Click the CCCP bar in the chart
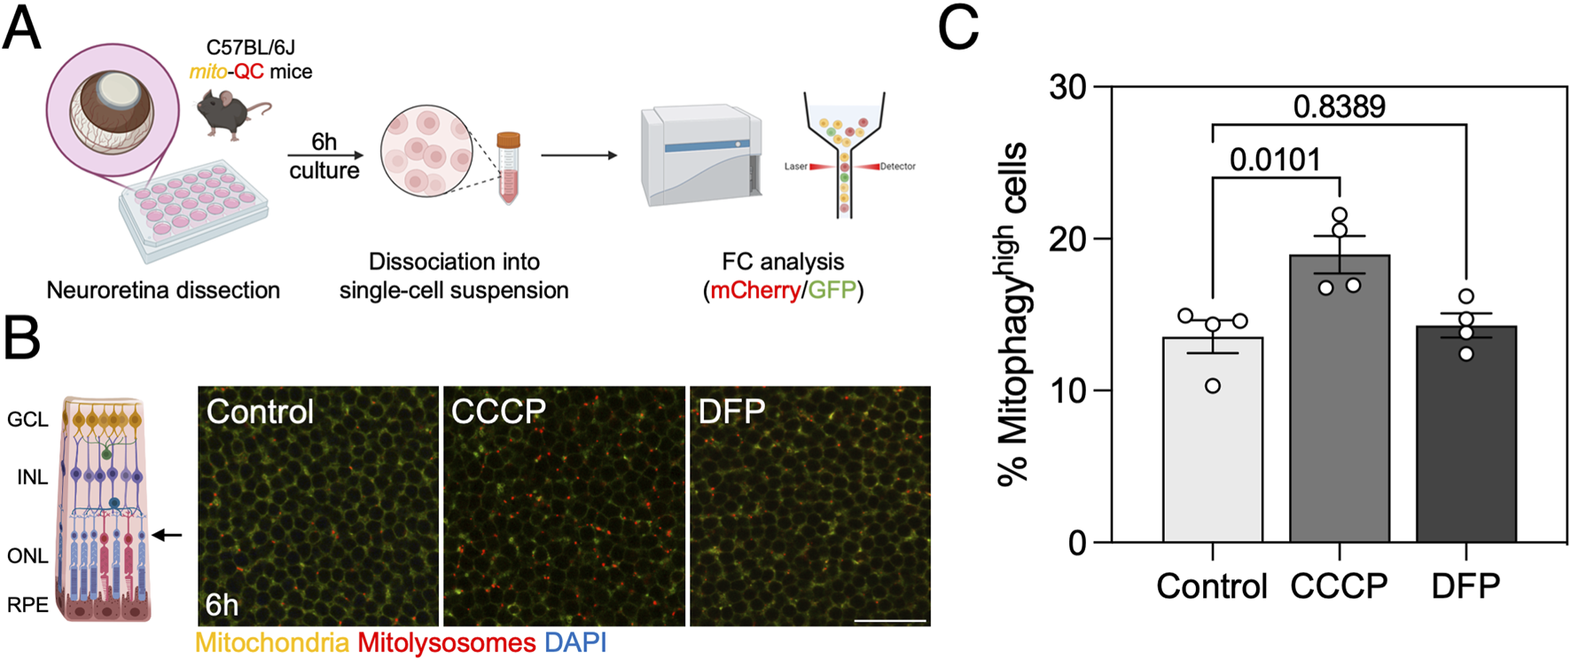[x=1339, y=399]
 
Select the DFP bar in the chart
[x=1465, y=435]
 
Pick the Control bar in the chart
[x=1212, y=439]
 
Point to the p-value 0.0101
[x=1275, y=160]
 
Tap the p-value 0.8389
[x=1339, y=106]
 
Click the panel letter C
[x=958, y=29]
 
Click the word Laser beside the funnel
[x=795, y=167]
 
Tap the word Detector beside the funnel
[x=897, y=167]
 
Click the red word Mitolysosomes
[x=446, y=643]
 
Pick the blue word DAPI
[x=575, y=643]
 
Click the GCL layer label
[x=27, y=419]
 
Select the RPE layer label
[x=27, y=605]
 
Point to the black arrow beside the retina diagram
[x=167, y=535]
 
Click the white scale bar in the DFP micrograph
[x=890, y=620]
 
